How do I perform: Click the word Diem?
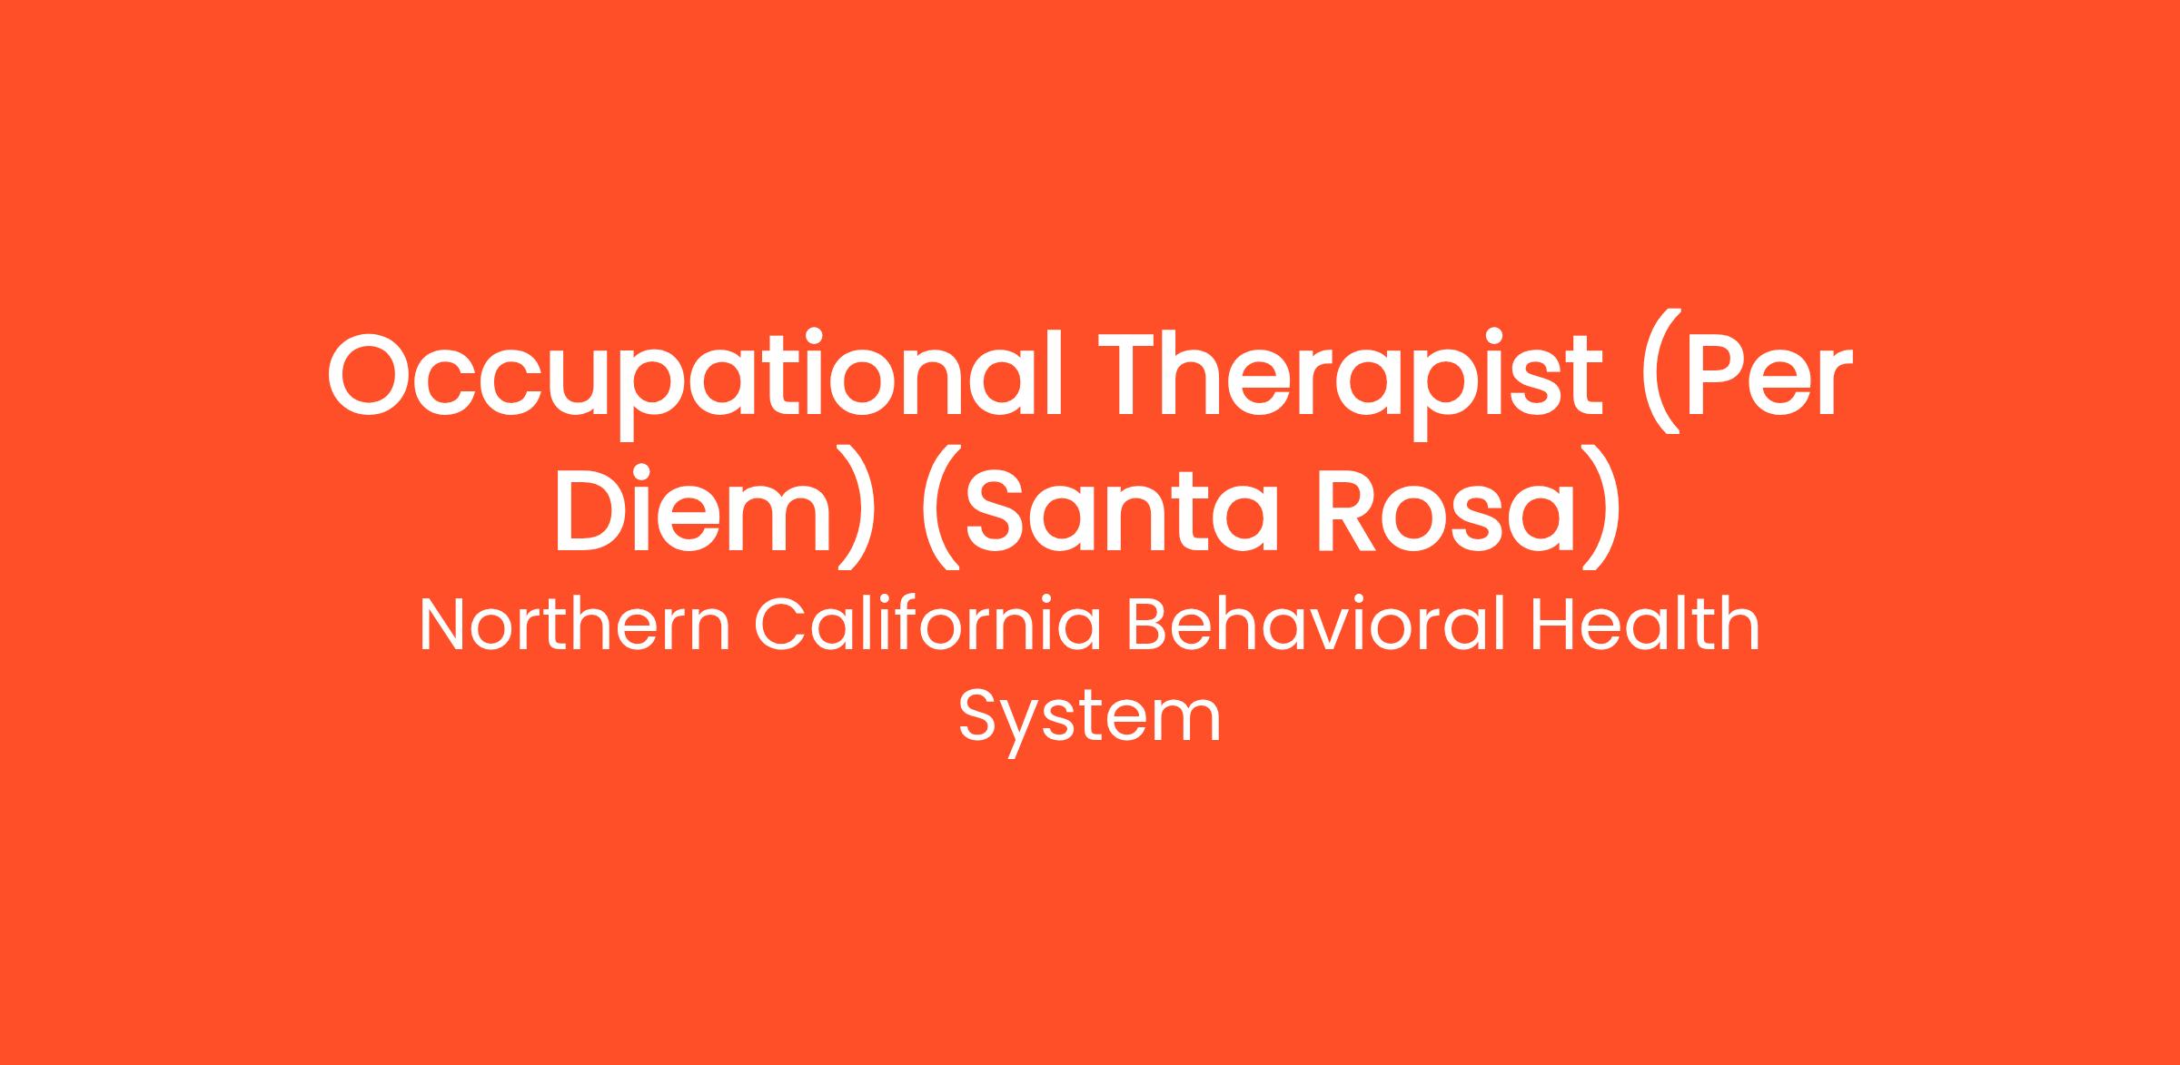pyautogui.click(x=692, y=508)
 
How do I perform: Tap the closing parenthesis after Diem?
pyautogui.click(x=859, y=508)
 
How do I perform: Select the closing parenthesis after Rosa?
pyautogui.click(x=1602, y=508)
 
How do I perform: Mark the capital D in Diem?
pyautogui.click(x=596, y=507)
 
